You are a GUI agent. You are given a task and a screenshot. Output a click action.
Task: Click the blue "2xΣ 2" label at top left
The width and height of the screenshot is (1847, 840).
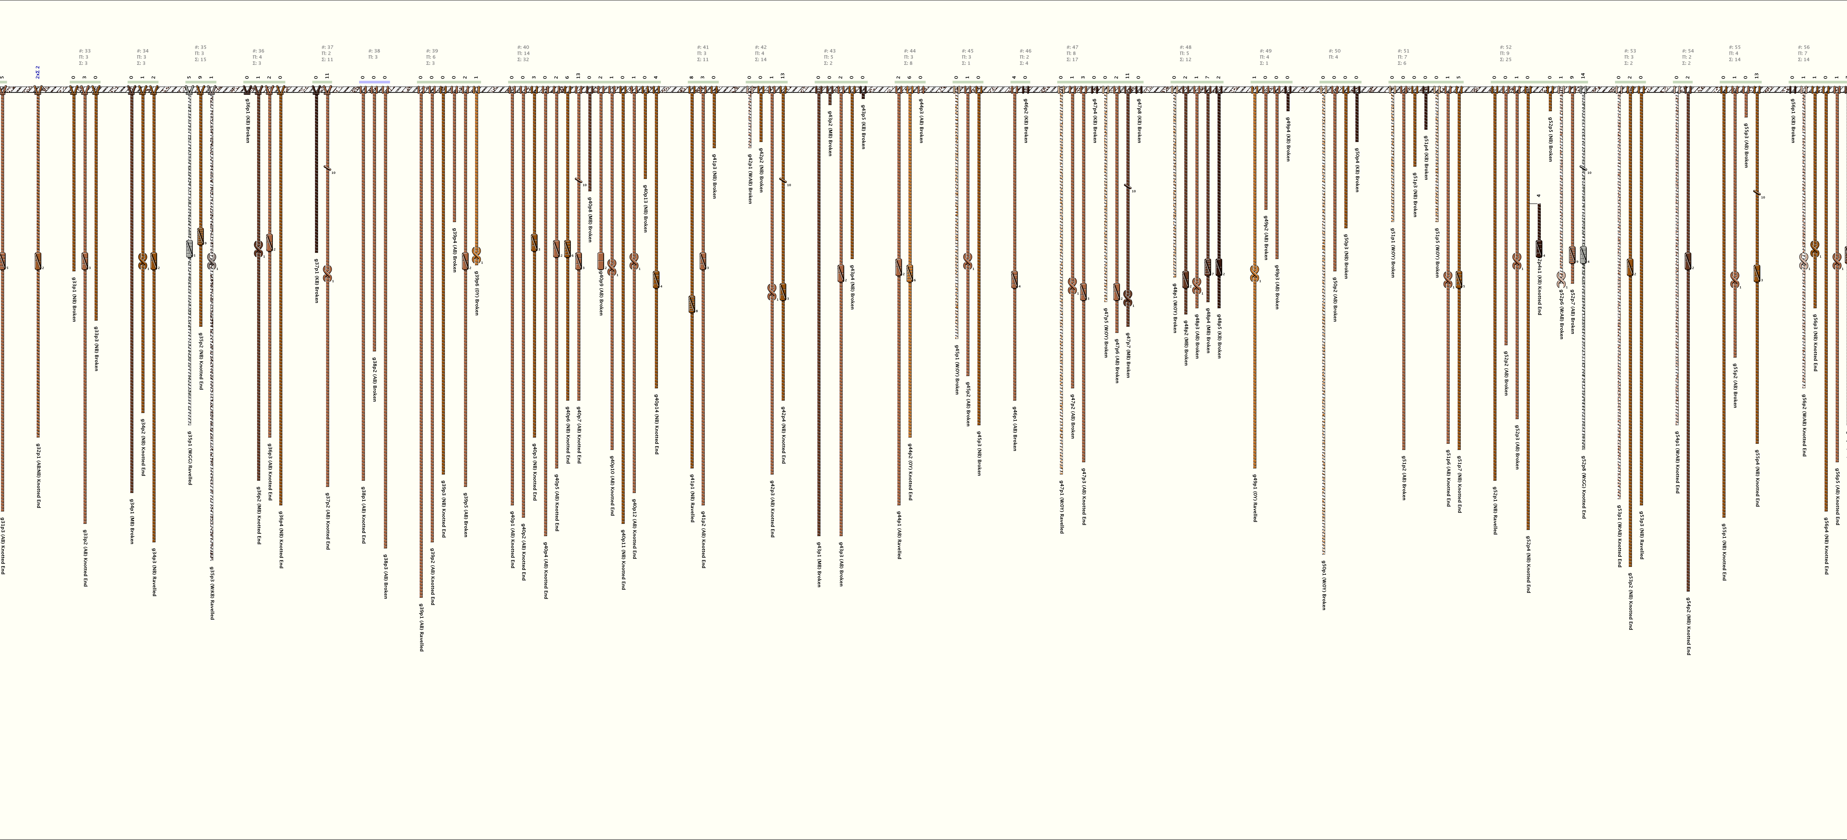point(37,72)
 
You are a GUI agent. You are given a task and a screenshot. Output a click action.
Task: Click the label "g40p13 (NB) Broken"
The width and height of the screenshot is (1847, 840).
point(645,208)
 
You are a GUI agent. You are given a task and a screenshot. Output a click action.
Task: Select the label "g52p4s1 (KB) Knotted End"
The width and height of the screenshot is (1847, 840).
point(1539,287)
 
